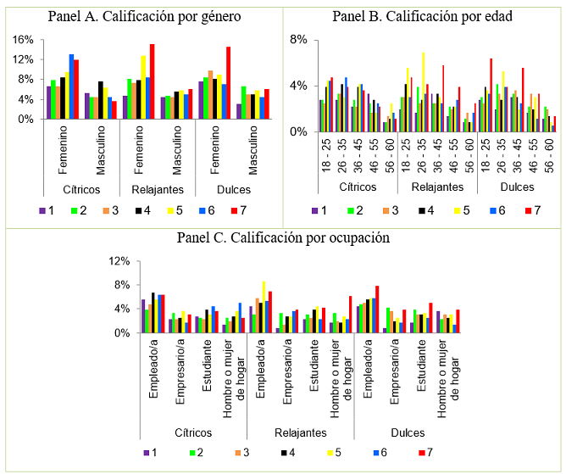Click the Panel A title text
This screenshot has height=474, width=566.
(142, 16)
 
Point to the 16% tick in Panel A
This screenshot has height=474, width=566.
(23, 40)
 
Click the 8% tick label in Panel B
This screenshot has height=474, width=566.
(297, 40)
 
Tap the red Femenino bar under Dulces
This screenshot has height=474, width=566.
(229, 83)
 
